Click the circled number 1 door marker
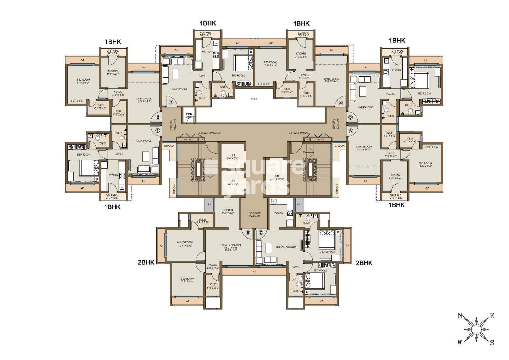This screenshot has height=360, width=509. point(158,130)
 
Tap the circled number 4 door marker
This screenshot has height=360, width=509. point(341,103)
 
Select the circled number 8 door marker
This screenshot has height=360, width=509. point(248,232)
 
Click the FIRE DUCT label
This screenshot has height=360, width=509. point(189,115)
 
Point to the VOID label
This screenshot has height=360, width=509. point(254,99)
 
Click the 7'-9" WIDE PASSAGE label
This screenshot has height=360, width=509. point(255,214)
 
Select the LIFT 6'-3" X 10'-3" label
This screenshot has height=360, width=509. point(277,178)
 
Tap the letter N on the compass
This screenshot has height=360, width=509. point(460,316)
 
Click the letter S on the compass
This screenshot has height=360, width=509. point(492,343)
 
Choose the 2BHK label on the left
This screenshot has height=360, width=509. point(146,262)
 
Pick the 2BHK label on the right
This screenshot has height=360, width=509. point(364,263)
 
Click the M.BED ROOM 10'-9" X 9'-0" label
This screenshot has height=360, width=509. point(185,243)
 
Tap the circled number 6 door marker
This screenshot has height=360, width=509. point(350,131)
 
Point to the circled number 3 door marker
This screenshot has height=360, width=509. point(171,102)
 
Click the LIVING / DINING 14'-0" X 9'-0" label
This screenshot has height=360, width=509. point(231,247)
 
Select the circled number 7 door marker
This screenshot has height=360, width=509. point(261,232)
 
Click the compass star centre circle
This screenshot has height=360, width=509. point(476,329)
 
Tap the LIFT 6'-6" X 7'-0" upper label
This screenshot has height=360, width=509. point(233,157)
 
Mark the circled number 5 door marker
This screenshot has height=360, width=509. point(350,117)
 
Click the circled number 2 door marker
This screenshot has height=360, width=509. point(158,117)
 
